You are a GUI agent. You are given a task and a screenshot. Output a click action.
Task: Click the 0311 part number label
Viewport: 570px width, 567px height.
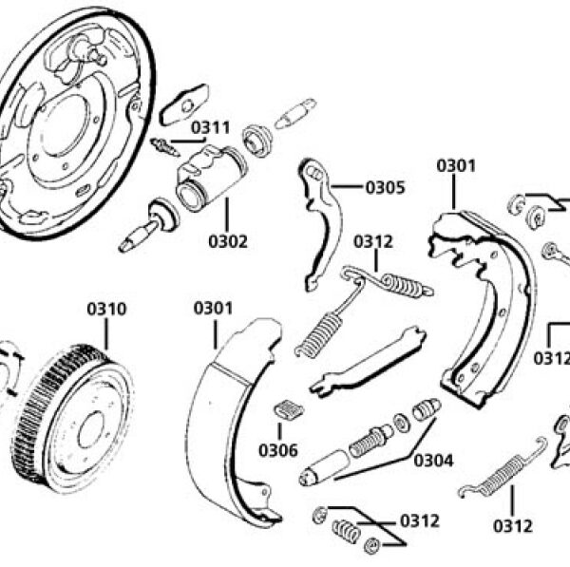pyautogui.click(x=211, y=126)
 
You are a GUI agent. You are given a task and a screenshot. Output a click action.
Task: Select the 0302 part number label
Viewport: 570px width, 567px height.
pyautogui.click(x=228, y=241)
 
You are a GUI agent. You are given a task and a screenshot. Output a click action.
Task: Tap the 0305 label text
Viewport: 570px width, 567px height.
pyautogui.click(x=385, y=187)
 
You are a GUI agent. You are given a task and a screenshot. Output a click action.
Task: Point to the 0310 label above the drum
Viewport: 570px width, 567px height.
pyautogui.click(x=106, y=309)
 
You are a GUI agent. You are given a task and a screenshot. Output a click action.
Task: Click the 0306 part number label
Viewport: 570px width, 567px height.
pyautogui.click(x=277, y=449)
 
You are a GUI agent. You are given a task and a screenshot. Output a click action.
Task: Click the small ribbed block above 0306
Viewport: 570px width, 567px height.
pyautogui.click(x=286, y=410)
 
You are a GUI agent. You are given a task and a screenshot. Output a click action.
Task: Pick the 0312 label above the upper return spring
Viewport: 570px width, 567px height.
pyautogui.click(x=373, y=241)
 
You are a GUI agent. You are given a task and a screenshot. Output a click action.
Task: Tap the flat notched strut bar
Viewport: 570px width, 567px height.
pyautogui.click(x=366, y=360)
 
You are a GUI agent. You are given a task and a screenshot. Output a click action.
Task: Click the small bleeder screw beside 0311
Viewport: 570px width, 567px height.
pyautogui.click(x=164, y=147)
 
